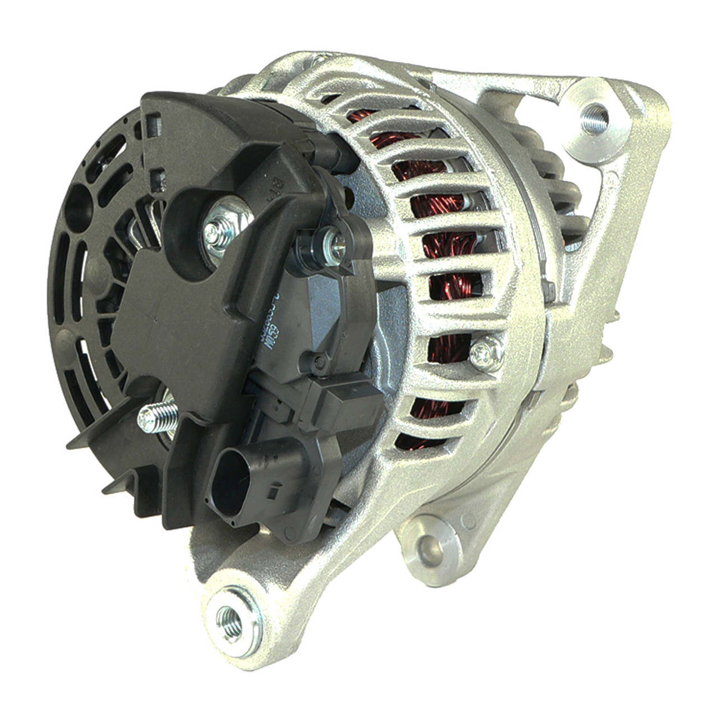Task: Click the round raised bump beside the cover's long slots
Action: (99, 265)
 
